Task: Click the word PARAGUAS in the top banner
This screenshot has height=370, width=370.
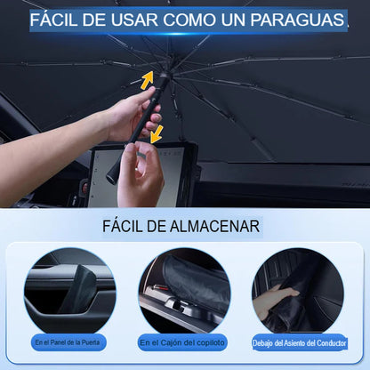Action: tap(297, 20)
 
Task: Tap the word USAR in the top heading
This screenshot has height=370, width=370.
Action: tap(134, 20)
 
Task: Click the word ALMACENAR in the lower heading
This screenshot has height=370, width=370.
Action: tap(214, 227)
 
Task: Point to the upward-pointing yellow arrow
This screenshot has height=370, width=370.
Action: tap(147, 80)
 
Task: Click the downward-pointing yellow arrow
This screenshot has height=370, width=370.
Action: tap(157, 134)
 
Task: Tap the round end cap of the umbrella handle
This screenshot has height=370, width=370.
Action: tap(112, 179)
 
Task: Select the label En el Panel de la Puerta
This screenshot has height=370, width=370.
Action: tap(68, 342)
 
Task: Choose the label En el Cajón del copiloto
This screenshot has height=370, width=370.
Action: tap(182, 342)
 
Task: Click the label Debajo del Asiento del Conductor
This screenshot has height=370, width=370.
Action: tap(299, 343)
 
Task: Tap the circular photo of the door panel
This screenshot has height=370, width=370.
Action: tap(70, 291)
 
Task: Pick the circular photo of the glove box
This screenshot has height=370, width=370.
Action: tap(185, 291)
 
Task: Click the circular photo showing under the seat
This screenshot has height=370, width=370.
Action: tap(298, 291)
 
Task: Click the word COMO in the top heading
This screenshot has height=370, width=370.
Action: tap(189, 20)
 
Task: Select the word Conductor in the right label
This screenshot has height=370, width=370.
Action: tap(332, 343)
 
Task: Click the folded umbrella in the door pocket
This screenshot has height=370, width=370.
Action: tap(79, 289)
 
